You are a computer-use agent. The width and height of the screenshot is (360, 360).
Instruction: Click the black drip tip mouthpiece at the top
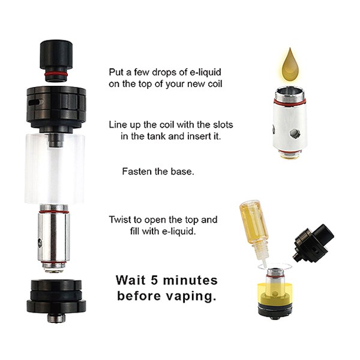[56, 61]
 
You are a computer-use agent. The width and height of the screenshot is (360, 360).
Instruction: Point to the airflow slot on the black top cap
[35, 102]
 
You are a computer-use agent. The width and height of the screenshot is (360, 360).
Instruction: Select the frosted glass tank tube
[55, 169]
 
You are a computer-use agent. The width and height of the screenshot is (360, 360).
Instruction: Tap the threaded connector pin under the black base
[56, 318]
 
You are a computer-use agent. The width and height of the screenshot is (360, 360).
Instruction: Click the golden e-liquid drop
[290, 65]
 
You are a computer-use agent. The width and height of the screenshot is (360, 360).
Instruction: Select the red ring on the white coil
[290, 102]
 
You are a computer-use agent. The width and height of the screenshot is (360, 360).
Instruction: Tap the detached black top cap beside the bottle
[313, 244]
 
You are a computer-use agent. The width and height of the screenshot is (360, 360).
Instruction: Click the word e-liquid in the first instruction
[205, 73]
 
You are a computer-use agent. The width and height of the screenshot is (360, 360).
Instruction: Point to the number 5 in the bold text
[154, 280]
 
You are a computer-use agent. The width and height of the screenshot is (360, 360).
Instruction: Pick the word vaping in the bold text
[191, 296]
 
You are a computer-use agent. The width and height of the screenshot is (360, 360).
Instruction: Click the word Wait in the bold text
[131, 280]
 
